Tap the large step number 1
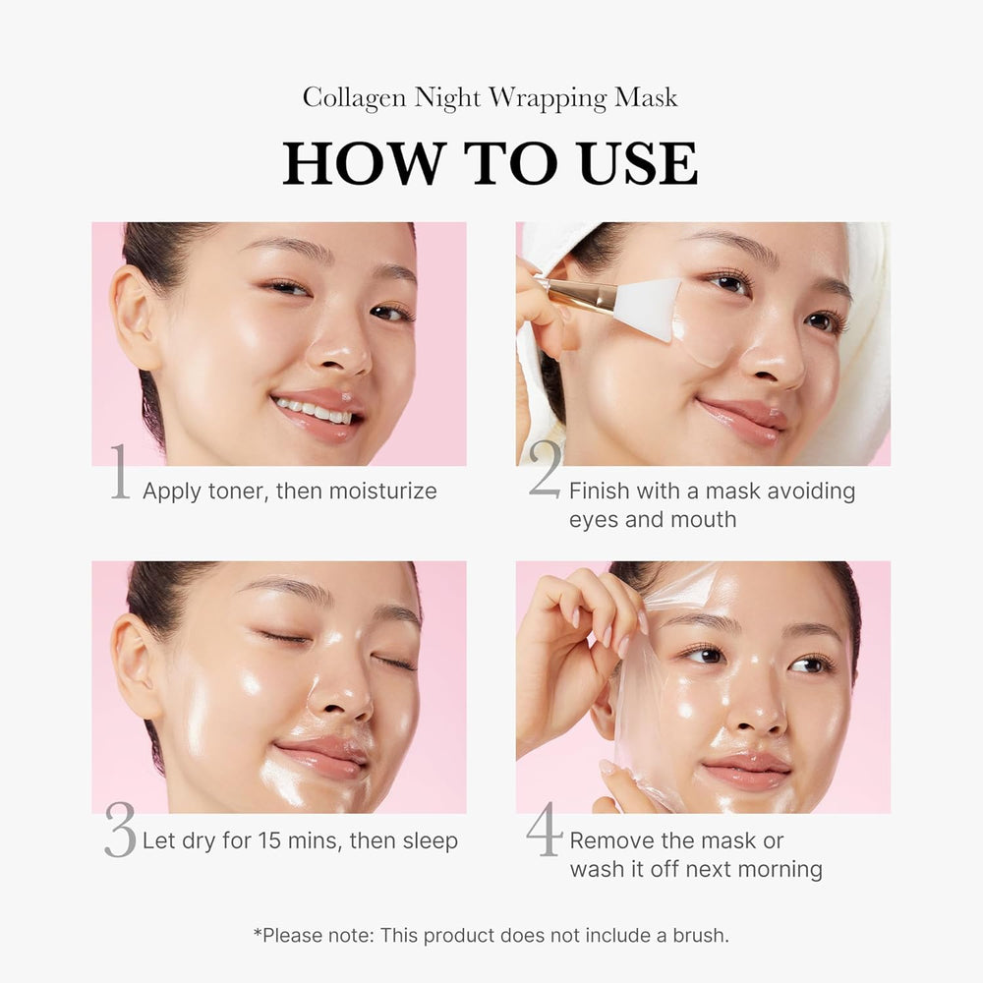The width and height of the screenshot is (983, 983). click(x=120, y=473)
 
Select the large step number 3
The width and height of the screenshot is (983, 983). click(x=120, y=832)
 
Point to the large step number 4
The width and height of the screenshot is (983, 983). click(x=545, y=832)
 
